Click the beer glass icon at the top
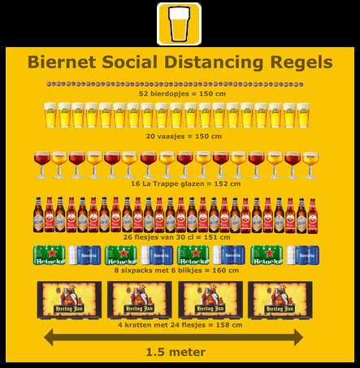(179, 24)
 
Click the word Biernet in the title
(62, 62)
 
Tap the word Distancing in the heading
(214, 63)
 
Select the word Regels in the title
(301, 63)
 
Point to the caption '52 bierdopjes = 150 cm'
(182, 93)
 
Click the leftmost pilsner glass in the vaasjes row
(50, 115)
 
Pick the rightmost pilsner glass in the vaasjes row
(303, 115)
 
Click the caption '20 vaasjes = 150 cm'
(184, 136)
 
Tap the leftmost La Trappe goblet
(42, 165)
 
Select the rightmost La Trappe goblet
(310, 165)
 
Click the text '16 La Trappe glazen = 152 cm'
(186, 184)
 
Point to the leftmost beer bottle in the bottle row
(38, 214)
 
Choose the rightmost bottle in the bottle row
(313, 216)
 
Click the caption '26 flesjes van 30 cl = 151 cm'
(176, 237)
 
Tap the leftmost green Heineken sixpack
(50, 255)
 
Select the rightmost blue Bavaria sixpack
(303, 255)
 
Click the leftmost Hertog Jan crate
(69, 300)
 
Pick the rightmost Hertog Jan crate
(280, 300)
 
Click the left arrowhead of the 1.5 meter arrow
(49, 337)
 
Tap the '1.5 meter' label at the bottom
(176, 352)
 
